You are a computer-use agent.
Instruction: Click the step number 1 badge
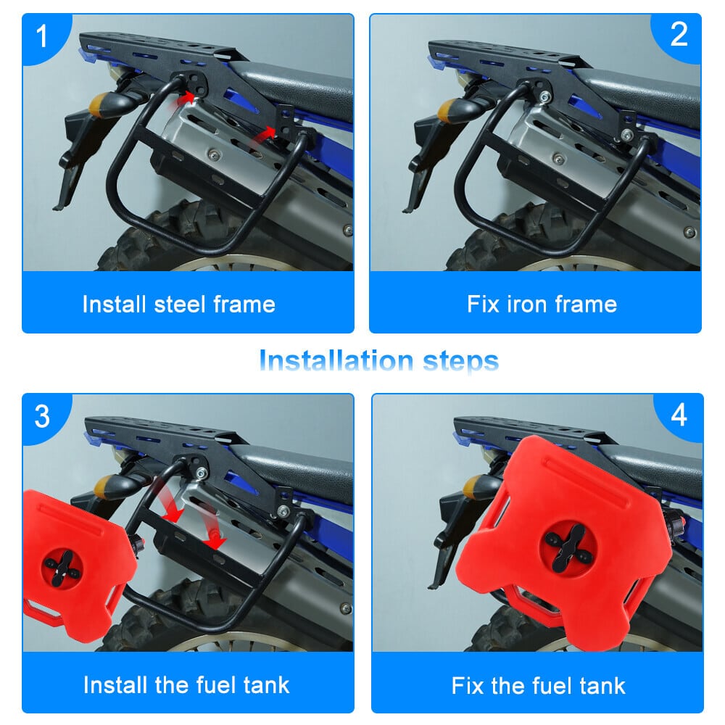[41, 36]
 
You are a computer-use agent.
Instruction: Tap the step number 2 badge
[679, 34]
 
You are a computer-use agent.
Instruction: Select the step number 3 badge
[42, 416]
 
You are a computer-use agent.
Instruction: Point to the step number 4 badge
[679, 415]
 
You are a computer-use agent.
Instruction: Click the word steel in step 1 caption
[179, 304]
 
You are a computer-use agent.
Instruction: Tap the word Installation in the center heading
[336, 360]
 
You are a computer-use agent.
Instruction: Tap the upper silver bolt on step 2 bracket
[545, 97]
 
